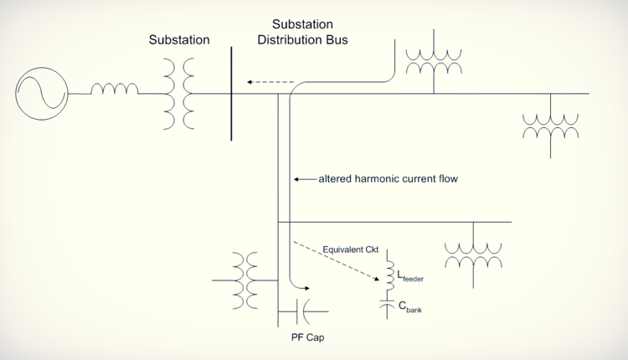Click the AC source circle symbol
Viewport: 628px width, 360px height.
(x=41, y=93)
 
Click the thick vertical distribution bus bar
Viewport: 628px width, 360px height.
(x=231, y=93)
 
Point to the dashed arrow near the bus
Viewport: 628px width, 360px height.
(x=270, y=82)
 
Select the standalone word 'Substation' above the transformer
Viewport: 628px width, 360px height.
(x=179, y=39)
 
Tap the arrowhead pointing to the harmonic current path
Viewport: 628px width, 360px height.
(x=297, y=178)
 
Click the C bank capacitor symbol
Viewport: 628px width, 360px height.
(x=388, y=306)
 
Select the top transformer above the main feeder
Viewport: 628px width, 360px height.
(x=433, y=60)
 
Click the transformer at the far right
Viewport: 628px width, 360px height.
(x=550, y=126)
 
